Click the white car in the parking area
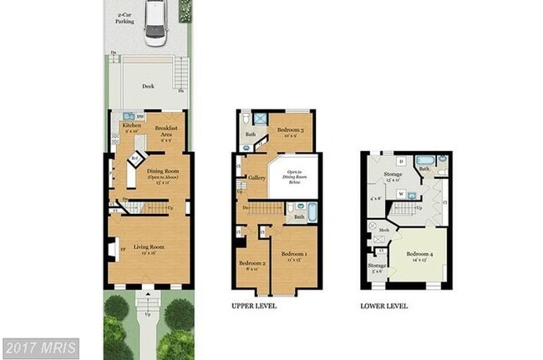coord(156,23)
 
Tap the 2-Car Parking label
coord(126,18)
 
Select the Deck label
coord(148,85)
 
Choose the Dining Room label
coord(160,173)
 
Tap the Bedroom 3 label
coord(291,130)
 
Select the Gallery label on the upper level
coord(256,177)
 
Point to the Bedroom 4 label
coord(419,256)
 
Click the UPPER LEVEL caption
coord(253,307)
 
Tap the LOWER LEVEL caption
coord(383,307)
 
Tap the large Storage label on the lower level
coord(393,176)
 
